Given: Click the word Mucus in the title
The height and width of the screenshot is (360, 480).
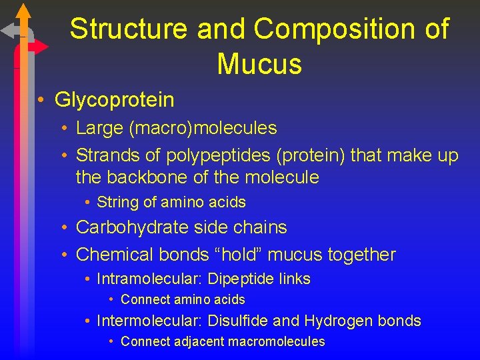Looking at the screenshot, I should tap(259, 64).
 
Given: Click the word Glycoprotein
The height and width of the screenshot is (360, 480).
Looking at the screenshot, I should tap(114, 100).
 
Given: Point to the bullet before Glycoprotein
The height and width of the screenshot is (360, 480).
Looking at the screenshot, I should tap(41, 100).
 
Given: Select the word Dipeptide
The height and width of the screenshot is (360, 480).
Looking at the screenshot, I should tap(237, 279).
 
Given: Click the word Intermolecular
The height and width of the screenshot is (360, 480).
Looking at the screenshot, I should tap(149, 321).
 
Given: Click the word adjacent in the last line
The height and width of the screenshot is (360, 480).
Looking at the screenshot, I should tap(198, 342).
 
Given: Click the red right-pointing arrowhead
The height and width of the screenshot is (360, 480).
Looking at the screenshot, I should tap(41, 47).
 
